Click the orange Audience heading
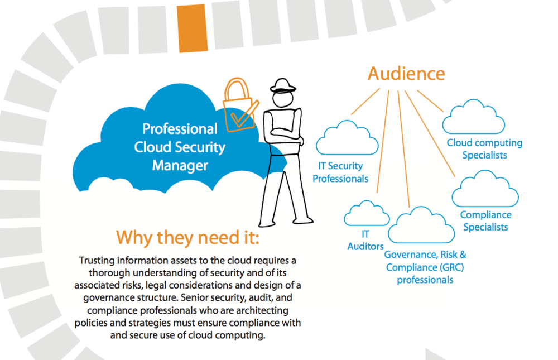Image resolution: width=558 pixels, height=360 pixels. coord(406,74)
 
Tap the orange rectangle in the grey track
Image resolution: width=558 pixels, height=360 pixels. coord(193,28)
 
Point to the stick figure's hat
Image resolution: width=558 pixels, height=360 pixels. coord(283,86)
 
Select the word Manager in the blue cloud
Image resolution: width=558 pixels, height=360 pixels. coord(180,166)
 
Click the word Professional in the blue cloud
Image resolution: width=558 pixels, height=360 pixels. coord(180,129)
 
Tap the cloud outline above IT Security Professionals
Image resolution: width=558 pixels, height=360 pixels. coord(347,138)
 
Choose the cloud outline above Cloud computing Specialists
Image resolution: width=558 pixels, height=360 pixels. coord(474,117)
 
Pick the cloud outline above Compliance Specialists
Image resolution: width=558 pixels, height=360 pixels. coord(485,189)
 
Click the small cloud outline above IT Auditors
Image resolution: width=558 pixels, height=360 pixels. coord(367,214)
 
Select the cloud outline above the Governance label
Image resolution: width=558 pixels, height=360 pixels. coord(421,225)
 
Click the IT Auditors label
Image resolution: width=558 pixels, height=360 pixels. coord(365,241)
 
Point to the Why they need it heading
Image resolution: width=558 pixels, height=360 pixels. coord(187,238)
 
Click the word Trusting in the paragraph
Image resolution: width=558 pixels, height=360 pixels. coord(97,261)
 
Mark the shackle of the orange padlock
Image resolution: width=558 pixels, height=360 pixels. coord(236,89)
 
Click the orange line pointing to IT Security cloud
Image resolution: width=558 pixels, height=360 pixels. coord(365,102)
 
